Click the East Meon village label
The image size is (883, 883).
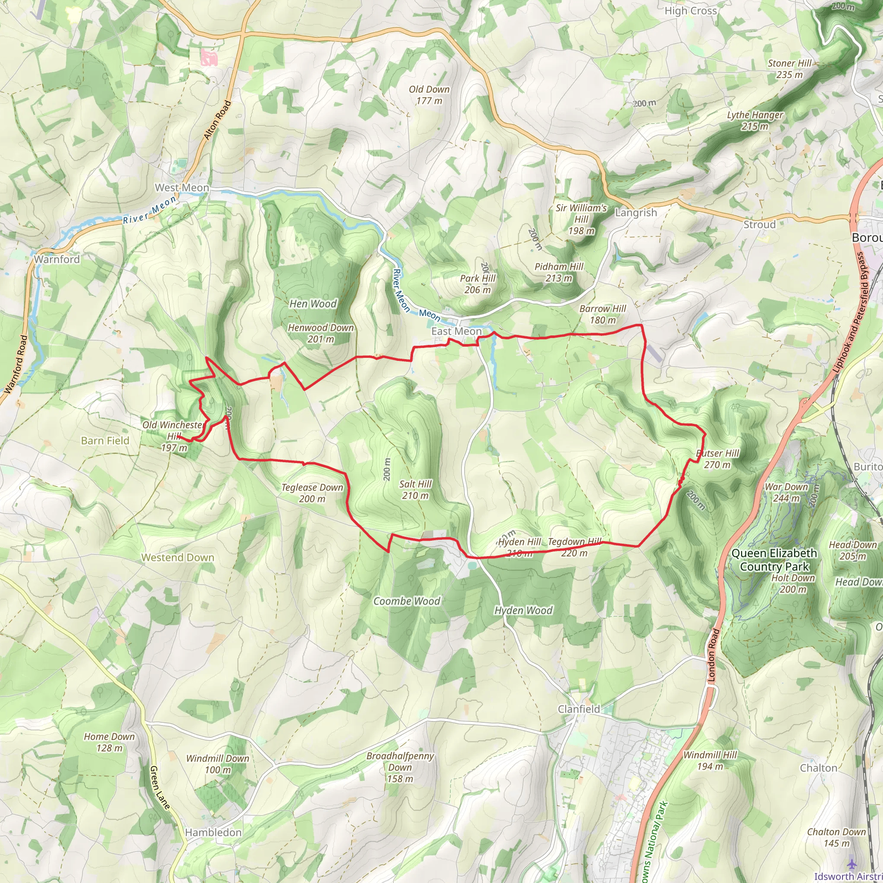click(x=456, y=332)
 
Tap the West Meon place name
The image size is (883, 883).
click(x=182, y=188)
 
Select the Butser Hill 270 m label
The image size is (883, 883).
click(x=717, y=459)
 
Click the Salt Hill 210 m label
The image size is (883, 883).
click(x=415, y=489)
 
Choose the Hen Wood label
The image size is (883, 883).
click(x=313, y=304)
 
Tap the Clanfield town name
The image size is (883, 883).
click(x=579, y=709)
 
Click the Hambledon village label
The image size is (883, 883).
click(x=213, y=832)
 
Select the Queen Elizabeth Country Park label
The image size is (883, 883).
click(x=774, y=560)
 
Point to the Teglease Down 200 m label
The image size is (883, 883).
click(x=312, y=493)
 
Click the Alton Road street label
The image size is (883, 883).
click(x=217, y=120)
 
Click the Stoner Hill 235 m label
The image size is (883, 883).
click(x=789, y=69)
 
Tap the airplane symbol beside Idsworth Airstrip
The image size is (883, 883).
click(x=851, y=864)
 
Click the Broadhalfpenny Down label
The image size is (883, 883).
click(x=400, y=767)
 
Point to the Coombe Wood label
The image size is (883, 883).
click(x=407, y=601)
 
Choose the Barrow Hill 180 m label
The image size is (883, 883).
click(x=602, y=314)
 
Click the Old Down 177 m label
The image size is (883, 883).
click(x=429, y=95)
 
